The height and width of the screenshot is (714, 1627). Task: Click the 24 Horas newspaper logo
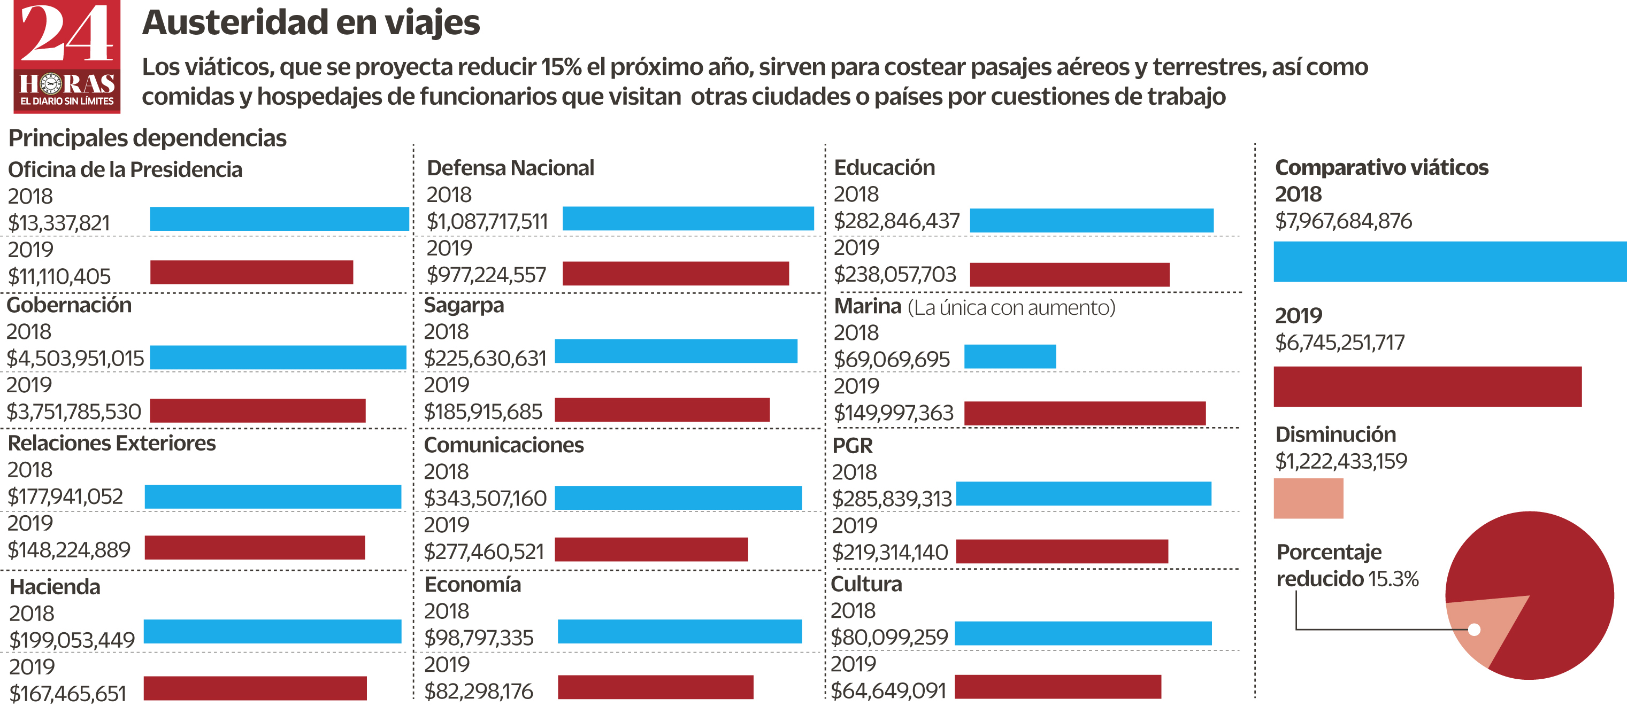pyautogui.click(x=67, y=57)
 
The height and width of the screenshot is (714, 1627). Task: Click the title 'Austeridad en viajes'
pyautogui.click(x=311, y=23)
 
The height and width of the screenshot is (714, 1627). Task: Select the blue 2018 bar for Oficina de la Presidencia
pyautogui.click(x=279, y=219)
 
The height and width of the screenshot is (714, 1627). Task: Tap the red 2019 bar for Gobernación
pyautogui.click(x=258, y=410)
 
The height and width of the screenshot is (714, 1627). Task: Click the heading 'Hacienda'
pyautogui.click(x=55, y=587)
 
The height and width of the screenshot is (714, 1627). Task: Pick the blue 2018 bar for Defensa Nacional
pyautogui.click(x=688, y=219)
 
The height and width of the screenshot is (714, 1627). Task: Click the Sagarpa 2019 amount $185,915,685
pyautogui.click(x=483, y=412)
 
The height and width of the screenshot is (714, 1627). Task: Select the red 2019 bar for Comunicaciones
pyautogui.click(x=651, y=549)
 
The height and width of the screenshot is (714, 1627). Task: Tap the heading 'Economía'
pyautogui.click(x=472, y=585)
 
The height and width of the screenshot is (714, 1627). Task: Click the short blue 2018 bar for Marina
pyautogui.click(x=1010, y=356)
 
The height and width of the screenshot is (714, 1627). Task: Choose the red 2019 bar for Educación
pyautogui.click(x=1069, y=275)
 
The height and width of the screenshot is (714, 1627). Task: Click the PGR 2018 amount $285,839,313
pyautogui.click(x=892, y=499)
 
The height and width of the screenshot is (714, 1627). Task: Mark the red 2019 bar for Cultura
pyautogui.click(x=1057, y=687)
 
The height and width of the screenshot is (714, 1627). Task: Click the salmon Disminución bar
pyautogui.click(x=1308, y=499)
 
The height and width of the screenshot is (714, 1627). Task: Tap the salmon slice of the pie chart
pyautogui.click(x=1481, y=625)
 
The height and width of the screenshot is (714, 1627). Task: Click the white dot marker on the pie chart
pyautogui.click(x=1474, y=630)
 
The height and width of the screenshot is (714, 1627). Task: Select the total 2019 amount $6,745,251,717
pyautogui.click(x=1340, y=343)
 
